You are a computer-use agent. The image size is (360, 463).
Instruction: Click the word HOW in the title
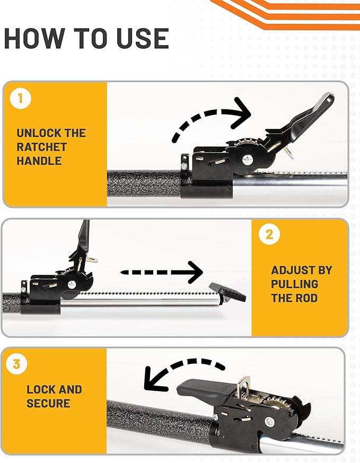tap(34, 38)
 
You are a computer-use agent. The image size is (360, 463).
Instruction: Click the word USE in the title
tap(143, 38)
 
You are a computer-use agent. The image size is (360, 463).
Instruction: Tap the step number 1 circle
tap(20, 98)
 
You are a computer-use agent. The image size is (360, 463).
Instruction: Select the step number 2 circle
tap(269, 234)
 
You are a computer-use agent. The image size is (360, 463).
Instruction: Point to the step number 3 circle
tap(16, 363)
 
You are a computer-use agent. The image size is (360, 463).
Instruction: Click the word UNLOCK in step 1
tap(35, 133)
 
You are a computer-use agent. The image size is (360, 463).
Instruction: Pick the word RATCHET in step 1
tap(41, 147)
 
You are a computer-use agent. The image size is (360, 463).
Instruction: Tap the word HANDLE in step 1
tap(39, 161)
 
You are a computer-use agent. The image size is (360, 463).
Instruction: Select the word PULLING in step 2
tap(294, 284)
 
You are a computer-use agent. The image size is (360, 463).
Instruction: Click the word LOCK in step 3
tap(40, 389)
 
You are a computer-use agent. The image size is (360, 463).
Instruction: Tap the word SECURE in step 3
tap(48, 404)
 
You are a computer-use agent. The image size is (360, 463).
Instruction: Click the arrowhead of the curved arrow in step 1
tap(242, 113)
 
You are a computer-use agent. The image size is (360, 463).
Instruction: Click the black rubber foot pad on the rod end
tap(228, 292)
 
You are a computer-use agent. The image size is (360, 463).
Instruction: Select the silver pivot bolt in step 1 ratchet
tap(247, 160)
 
